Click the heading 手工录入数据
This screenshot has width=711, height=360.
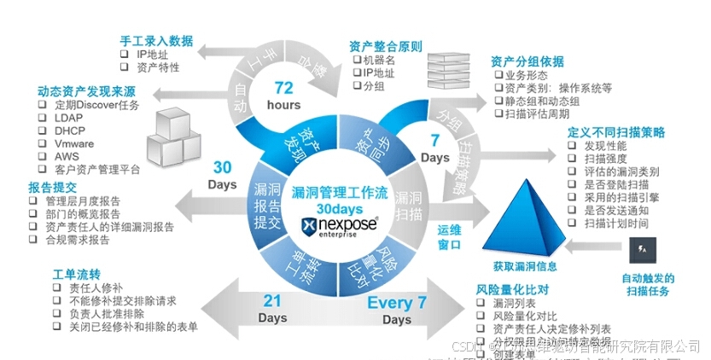coord(156,40)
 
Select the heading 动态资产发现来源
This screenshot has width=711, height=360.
coord(85,90)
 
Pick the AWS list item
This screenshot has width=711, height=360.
coord(65,157)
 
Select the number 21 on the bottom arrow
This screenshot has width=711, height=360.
coord(272,301)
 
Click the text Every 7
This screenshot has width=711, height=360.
coord(396,302)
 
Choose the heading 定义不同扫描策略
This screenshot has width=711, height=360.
coord(615,132)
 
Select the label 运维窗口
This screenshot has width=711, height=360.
coord(449,238)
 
